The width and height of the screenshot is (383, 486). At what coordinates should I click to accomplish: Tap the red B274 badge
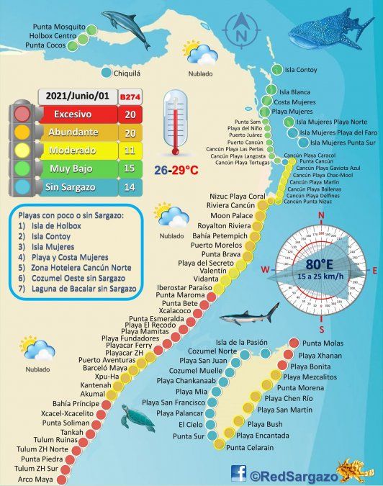(x=130, y=96)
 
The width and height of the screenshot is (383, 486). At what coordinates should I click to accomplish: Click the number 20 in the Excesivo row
(x=130, y=114)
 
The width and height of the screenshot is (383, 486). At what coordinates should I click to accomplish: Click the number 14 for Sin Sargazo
(x=130, y=187)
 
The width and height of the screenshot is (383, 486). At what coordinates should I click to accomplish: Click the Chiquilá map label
(x=133, y=72)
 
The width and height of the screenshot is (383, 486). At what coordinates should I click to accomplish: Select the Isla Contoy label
(x=301, y=71)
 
